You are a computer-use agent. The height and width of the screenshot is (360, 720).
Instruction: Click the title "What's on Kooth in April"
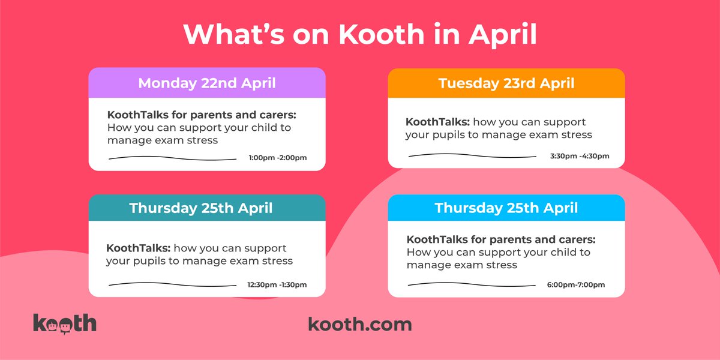point(360,35)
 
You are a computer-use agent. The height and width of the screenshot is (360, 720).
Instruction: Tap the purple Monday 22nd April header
point(207,83)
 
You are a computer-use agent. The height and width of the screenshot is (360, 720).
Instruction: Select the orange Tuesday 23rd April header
point(506,83)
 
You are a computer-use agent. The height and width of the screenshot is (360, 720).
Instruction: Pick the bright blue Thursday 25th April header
point(506,208)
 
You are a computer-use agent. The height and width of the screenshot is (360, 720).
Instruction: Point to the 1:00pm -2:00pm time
point(277,158)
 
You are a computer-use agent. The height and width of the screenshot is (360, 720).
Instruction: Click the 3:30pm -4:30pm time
point(579,157)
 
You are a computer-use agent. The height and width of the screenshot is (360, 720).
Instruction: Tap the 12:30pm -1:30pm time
point(277,284)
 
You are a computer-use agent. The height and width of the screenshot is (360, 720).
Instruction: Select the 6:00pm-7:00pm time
point(575,284)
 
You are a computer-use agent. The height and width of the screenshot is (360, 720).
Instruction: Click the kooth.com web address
point(360,325)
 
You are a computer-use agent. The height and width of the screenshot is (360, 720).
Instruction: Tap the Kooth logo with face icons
point(65,323)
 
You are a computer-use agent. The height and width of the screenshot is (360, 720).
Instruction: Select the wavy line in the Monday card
point(172,158)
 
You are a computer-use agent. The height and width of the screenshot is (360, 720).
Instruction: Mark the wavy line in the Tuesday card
point(472,156)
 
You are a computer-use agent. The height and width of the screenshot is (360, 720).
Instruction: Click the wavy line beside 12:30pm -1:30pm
point(172,284)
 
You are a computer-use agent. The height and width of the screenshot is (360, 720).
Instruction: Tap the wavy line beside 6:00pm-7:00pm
point(472,284)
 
